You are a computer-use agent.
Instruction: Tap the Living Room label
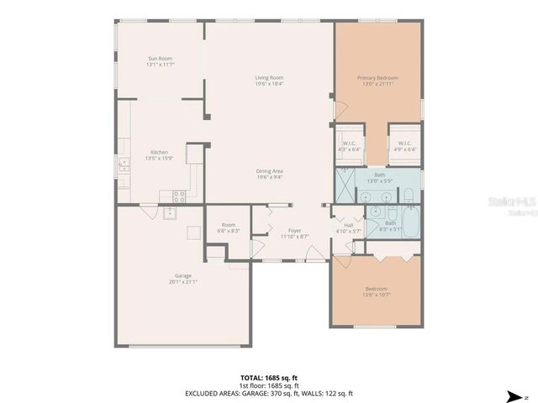click(269, 81)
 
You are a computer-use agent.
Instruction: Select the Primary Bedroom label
click(377, 81)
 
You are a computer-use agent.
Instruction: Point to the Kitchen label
click(159, 154)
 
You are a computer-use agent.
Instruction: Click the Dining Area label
click(269, 174)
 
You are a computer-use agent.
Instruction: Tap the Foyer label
click(294, 233)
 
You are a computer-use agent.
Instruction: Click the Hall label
click(348, 228)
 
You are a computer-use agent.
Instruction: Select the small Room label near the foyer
click(228, 228)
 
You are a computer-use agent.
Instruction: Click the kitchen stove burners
click(178, 196)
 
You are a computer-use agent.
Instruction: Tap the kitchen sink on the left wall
click(124, 163)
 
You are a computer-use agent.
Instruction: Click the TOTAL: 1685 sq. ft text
click(269, 378)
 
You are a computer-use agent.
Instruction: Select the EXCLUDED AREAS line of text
click(269, 393)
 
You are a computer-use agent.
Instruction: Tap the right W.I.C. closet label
click(404, 146)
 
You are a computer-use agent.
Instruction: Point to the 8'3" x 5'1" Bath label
click(390, 226)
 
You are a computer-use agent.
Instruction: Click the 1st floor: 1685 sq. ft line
click(269, 385)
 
